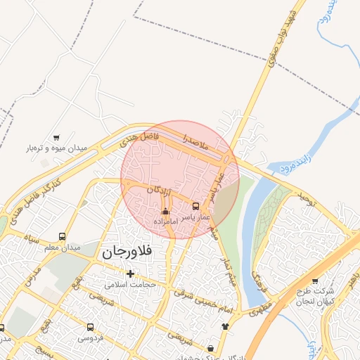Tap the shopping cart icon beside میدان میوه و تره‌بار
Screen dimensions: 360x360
click(x=56, y=138)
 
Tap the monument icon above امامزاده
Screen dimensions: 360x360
click(x=165, y=212)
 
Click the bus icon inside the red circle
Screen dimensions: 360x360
click(x=195, y=207)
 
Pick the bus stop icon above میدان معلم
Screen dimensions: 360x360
click(x=63, y=236)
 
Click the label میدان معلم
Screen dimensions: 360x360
click(x=63, y=247)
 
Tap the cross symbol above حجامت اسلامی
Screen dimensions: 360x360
click(x=130, y=273)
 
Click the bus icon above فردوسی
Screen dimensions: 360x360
click(x=90, y=327)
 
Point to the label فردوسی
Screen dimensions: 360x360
click(x=90, y=337)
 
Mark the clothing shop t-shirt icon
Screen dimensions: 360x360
click(x=225, y=326)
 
